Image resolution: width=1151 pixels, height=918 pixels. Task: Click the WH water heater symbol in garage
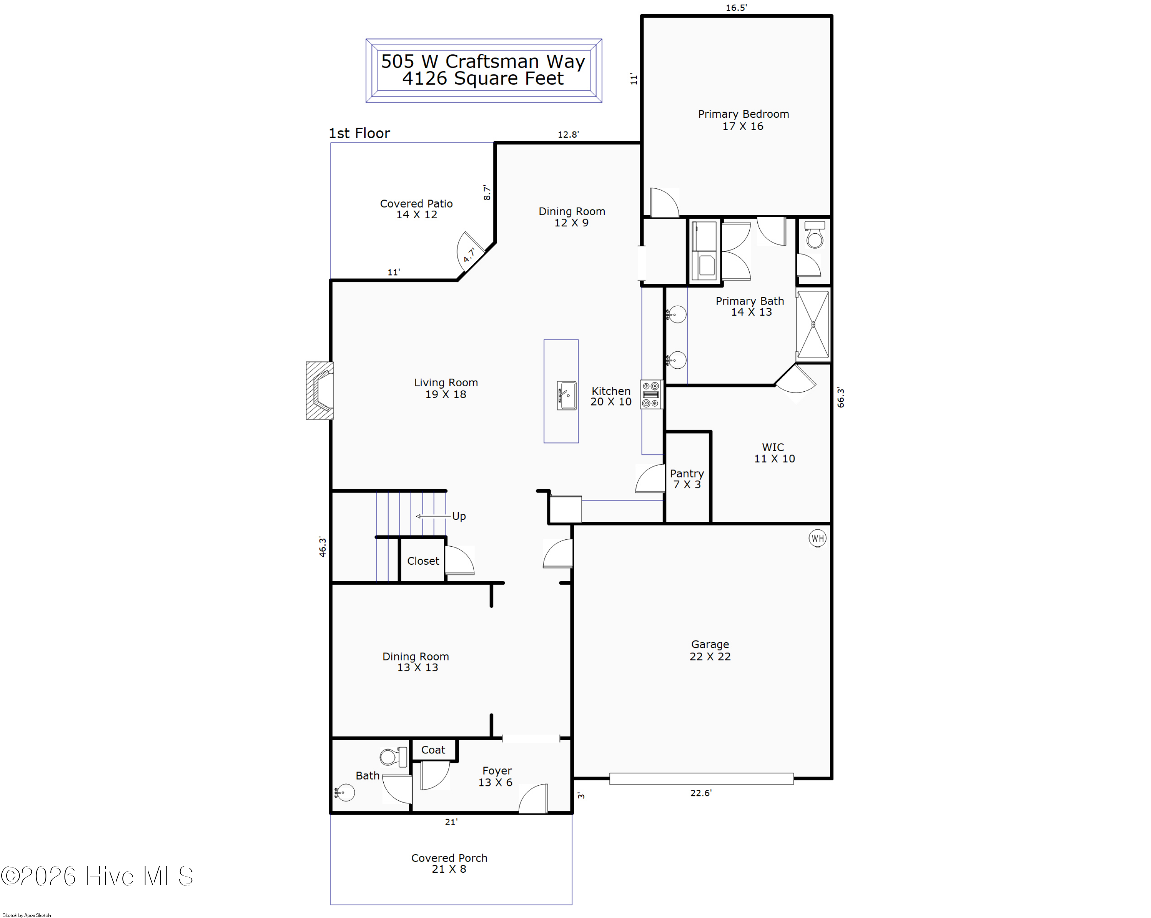pos(817,538)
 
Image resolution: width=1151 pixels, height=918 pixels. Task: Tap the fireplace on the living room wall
pos(320,390)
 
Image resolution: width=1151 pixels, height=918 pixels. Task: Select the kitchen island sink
pos(566,395)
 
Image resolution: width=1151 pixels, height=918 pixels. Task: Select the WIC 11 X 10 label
pos(773,453)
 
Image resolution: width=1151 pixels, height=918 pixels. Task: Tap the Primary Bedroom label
pos(743,120)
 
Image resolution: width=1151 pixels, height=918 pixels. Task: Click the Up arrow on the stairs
pos(432,516)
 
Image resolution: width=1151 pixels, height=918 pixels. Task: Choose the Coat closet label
pos(432,750)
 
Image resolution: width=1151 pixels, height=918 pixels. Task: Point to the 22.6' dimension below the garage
pos(701,793)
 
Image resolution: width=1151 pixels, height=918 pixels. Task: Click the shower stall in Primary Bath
pos(813,325)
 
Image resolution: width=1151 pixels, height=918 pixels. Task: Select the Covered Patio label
pos(416,209)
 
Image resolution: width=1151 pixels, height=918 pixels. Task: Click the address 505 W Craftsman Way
pos(483,61)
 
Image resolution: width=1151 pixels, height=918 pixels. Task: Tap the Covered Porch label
pos(449,863)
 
